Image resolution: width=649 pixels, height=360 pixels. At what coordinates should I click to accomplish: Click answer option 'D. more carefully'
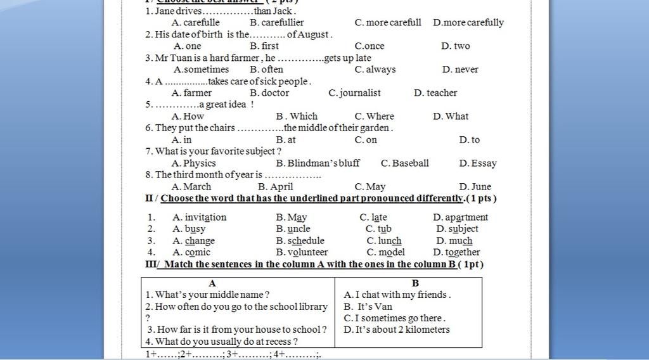coord(468,22)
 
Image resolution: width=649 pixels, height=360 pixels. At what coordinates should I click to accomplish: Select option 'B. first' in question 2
coord(264,46)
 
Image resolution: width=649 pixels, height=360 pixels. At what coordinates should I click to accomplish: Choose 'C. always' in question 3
coord(375,69)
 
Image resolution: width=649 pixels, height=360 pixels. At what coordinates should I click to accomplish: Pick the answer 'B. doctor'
coord(269,93)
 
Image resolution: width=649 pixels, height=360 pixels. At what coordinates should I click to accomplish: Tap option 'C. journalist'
coord(354,93)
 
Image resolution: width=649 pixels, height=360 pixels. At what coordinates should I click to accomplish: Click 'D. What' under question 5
coord(451,116)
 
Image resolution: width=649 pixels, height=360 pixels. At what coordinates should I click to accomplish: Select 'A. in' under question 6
coord(182,139)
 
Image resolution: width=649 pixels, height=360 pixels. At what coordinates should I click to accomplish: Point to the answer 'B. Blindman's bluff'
coord(318,163)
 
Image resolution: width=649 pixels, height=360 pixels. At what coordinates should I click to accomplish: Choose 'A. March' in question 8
coord(191,186)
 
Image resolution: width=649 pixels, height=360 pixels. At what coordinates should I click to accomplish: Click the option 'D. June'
coord(475,186)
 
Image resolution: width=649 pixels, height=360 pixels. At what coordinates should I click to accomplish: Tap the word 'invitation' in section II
coord(205,217)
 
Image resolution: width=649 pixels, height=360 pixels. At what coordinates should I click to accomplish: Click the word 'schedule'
coord(305,240)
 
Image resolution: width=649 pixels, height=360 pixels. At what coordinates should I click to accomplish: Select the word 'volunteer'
coord(307,252)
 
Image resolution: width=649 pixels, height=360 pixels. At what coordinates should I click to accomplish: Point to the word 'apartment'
coord(466,217)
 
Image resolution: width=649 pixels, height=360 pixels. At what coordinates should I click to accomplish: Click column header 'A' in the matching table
coord(212,283)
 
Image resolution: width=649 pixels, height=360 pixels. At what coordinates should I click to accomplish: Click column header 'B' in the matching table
coord(415,283)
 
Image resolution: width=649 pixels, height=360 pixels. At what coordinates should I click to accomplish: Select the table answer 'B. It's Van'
coord(368,306)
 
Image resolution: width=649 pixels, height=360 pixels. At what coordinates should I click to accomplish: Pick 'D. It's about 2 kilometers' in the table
coord(397,329)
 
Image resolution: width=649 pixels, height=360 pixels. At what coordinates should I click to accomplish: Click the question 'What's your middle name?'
coord(207,294)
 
